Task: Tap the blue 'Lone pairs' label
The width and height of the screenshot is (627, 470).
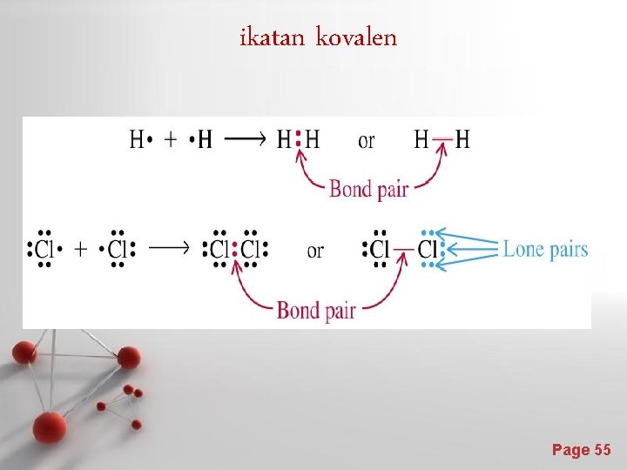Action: point(545,250)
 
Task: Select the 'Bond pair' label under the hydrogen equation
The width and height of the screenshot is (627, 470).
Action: point(368,189)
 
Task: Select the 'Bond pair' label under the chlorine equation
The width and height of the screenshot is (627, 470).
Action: point(315,310)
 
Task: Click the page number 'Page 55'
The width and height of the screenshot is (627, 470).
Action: point(581,449)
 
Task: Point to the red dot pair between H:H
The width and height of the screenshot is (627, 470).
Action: point(299,138)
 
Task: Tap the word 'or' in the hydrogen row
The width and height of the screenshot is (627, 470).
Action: point(367,140)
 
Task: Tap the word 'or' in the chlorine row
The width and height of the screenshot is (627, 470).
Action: point(315,252)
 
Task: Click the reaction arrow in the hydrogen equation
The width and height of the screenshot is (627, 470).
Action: point(246,139)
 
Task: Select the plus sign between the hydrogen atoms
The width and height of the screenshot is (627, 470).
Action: point(169,139)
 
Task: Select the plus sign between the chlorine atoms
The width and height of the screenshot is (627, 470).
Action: point(81,251)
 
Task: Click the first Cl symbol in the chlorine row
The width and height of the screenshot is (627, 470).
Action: point(44,251)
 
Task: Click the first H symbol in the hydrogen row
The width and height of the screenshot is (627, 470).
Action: point(137,139)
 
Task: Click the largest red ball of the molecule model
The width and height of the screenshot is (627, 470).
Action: point(51,426)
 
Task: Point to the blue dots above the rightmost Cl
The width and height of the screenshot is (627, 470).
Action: point(427,233)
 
